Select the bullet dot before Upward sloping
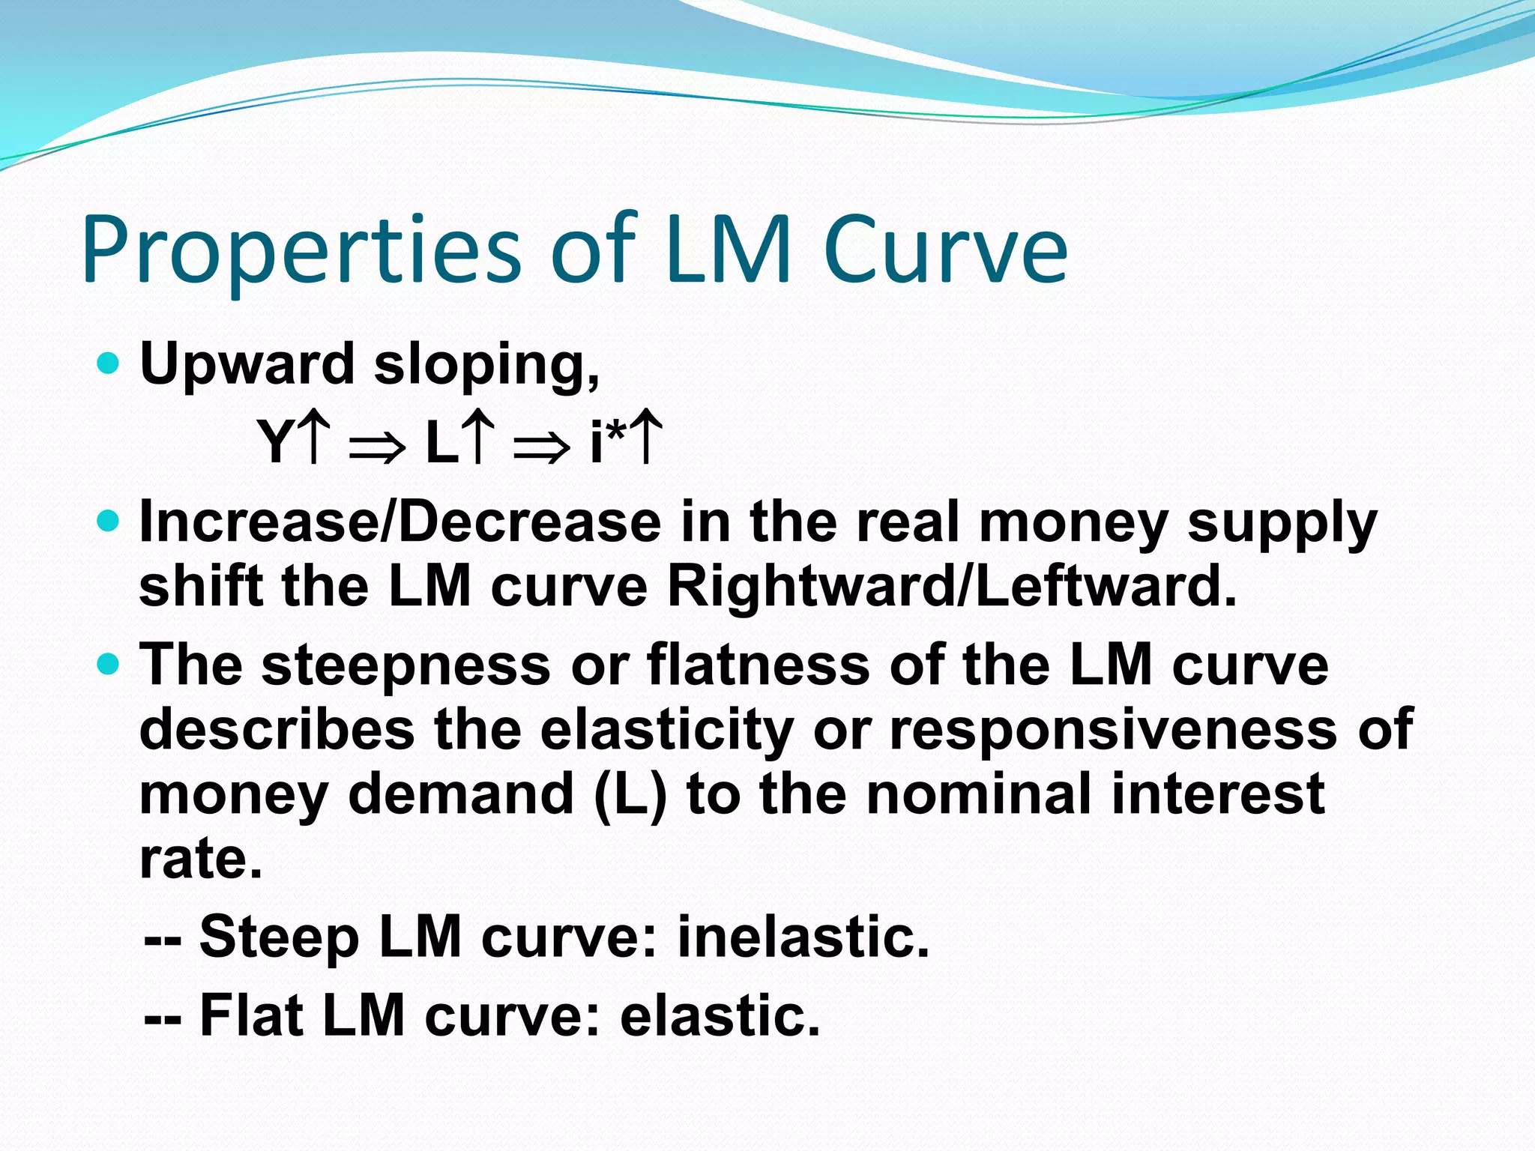[109, 364]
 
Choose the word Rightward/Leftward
[951, 586]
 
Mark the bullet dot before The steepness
[109, 664]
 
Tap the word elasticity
[666, 731]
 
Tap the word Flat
[251, 1015]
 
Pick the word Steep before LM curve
[279, 938]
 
